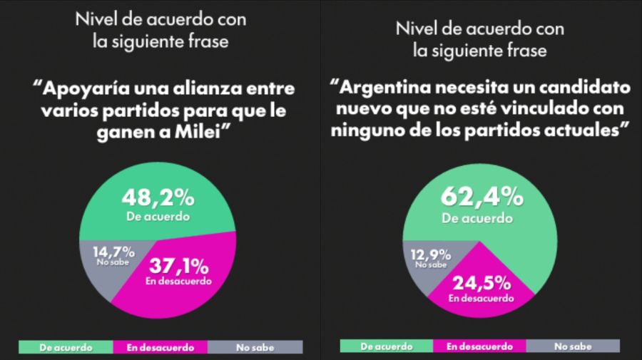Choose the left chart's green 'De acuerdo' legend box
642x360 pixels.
point(66,347)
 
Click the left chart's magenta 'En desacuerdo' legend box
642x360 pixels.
point(160,347)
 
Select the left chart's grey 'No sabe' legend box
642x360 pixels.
point(255,347)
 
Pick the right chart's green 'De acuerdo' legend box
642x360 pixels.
point(386,346)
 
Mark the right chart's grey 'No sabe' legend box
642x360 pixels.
point(573,346)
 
